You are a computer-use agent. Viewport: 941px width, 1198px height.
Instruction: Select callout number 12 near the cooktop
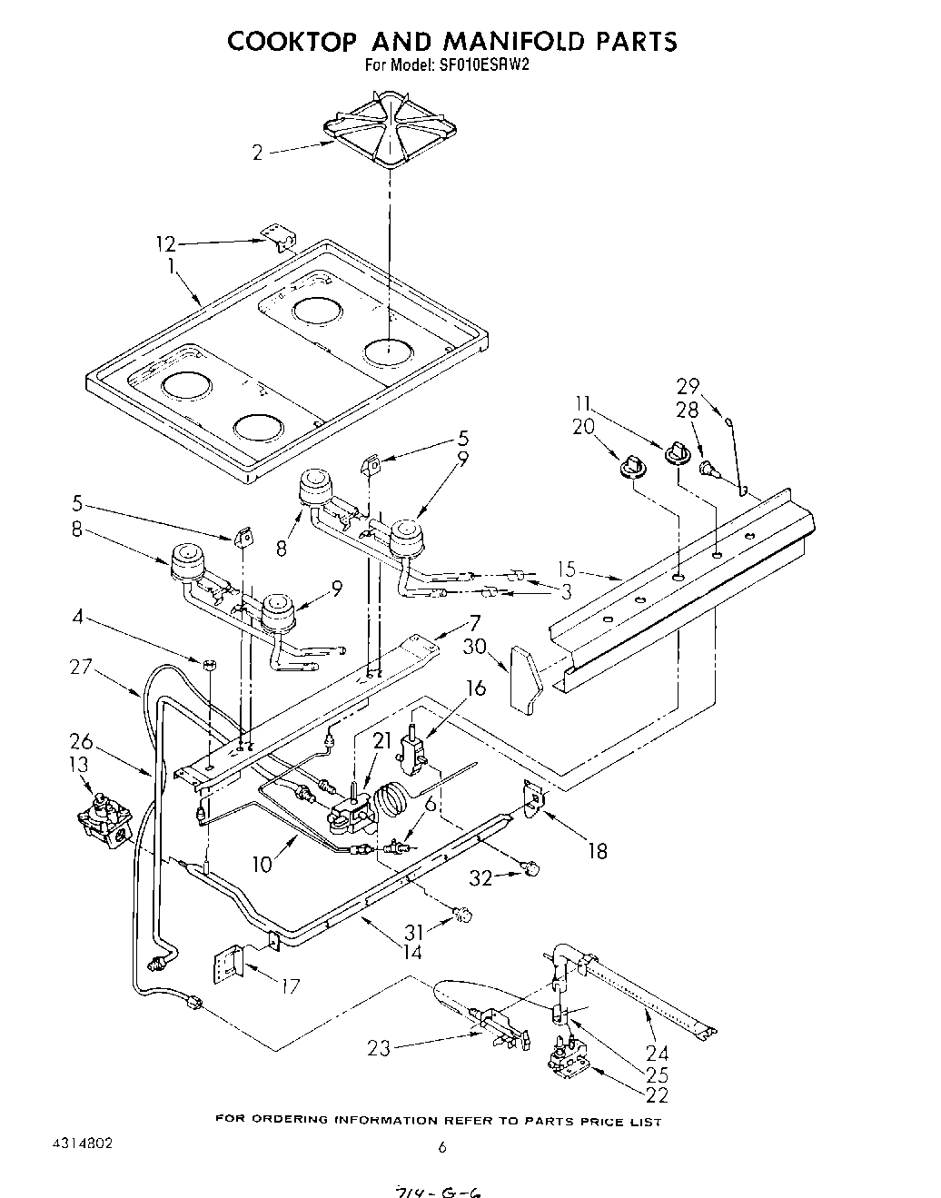coord(164,243)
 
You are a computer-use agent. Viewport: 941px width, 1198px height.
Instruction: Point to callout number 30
coord(475,646)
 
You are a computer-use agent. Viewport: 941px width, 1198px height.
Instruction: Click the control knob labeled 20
coord(630,467)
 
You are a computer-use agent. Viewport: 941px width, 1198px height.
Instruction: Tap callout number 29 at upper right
coord(688,384)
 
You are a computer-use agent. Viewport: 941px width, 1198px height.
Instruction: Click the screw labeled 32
coord(533,868)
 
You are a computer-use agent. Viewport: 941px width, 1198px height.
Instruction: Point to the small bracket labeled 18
coord(535,797)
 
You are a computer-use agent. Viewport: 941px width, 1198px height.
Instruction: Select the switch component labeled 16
coord(412,742)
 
